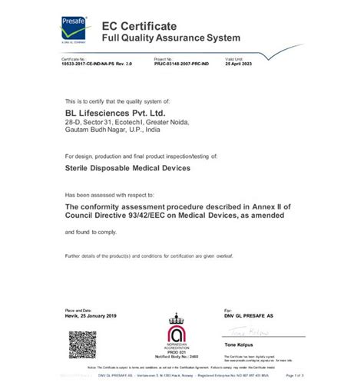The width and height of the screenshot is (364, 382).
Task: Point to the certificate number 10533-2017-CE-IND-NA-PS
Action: click(x=98, y=64)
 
